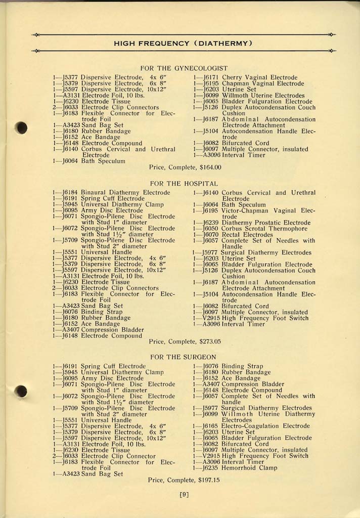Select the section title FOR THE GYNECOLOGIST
(184, 68)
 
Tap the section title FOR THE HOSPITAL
(184, 183)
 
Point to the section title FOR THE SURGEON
(184, 357)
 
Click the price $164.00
(210, 167)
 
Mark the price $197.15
(209, 480)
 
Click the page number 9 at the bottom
(184, 495)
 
